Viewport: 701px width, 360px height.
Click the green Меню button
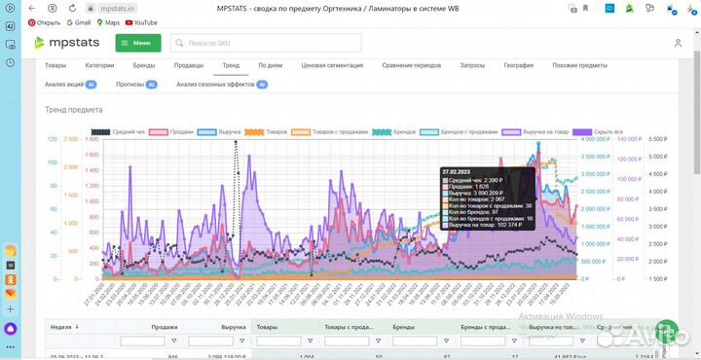(x=137, y=43)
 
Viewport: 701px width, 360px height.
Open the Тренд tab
(x=230, y=65)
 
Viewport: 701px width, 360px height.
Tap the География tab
(x=518, y=65)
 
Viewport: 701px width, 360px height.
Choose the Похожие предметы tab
(x=578, y=65)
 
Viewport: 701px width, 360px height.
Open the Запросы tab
(x=472, y=65)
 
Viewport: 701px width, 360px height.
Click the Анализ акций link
(x=64, y=85)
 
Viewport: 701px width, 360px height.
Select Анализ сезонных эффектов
(x=216, y=85)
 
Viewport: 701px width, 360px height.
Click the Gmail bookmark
(x=79, y=21)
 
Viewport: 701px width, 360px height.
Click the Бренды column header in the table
(x=404, y=328)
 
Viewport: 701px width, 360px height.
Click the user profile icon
(x=678, y=44)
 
